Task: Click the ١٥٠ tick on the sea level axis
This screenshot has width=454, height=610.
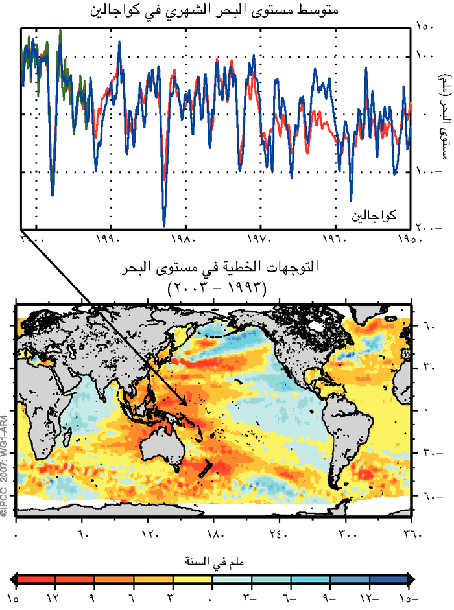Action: point(426,28)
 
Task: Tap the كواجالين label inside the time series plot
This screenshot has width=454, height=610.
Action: point(374,214)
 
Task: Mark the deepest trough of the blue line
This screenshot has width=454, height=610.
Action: point(164,224)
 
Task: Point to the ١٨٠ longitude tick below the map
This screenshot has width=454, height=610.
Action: point(215,535)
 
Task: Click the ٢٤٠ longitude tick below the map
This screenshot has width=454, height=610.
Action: point(280,535)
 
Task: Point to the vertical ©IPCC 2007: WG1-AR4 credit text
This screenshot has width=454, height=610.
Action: point(5,464)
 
